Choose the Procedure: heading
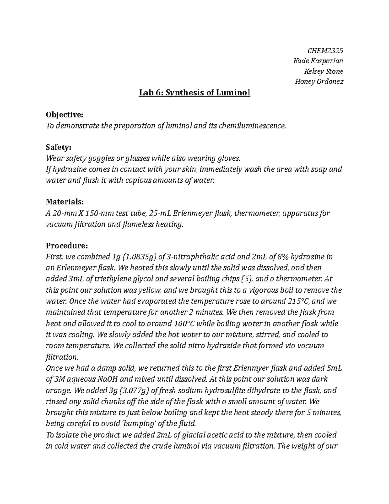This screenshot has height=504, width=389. (66, 246)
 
